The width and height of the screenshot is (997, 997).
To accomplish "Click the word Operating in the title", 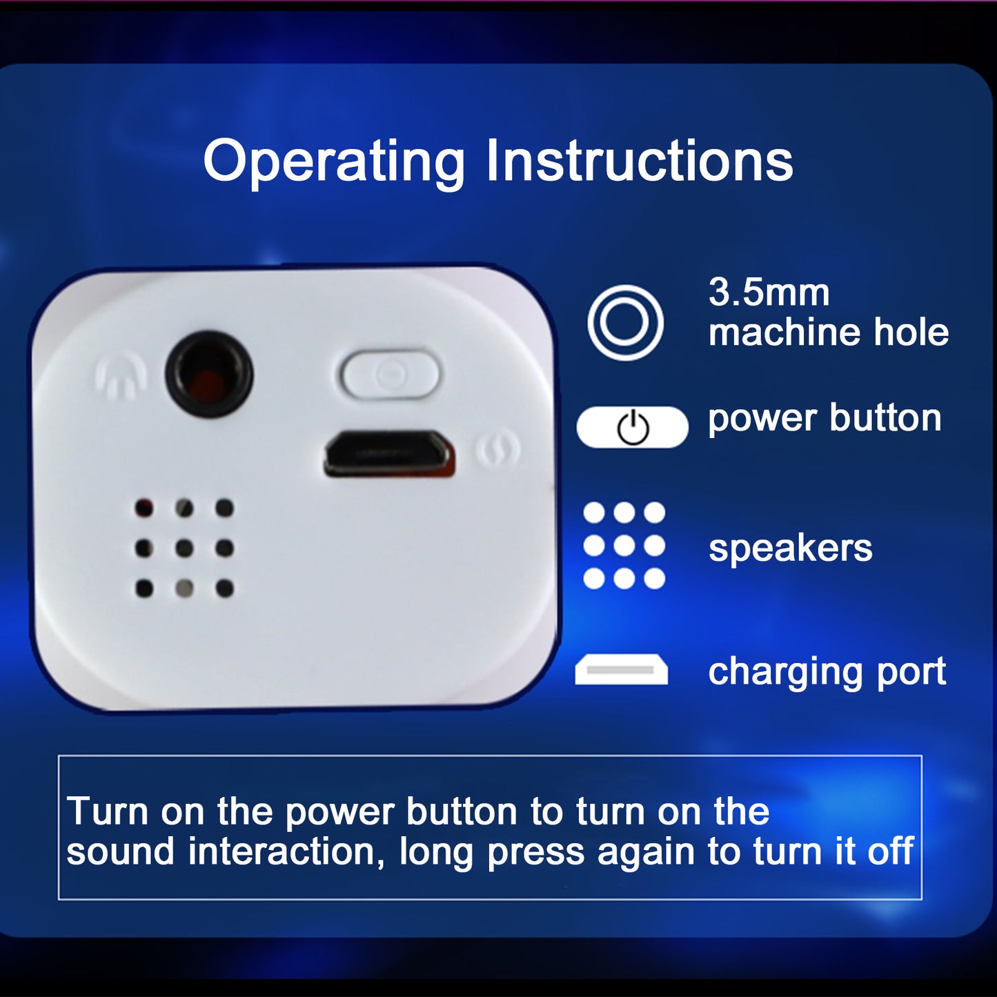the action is click(334, 163).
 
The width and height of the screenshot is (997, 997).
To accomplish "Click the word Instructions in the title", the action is click(640, 160).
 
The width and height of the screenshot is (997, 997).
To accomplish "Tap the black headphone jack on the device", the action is click(209, 374).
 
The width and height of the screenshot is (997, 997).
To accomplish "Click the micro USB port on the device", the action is click(390, 454).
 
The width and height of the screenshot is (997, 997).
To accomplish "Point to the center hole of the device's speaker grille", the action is click(184, 548).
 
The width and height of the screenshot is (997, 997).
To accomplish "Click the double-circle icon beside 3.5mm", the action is click(625, 322).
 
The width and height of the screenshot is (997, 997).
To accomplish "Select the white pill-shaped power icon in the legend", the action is click(632, 427).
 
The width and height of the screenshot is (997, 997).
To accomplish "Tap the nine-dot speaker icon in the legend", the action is click(624, 545).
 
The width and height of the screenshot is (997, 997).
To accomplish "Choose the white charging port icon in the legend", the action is click(622, 669).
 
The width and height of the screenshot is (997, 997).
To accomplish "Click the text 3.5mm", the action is click(769, 293).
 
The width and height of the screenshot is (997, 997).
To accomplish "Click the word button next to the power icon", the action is click(886, 417).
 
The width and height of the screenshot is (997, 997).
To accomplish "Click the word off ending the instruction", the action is click(891, 851).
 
